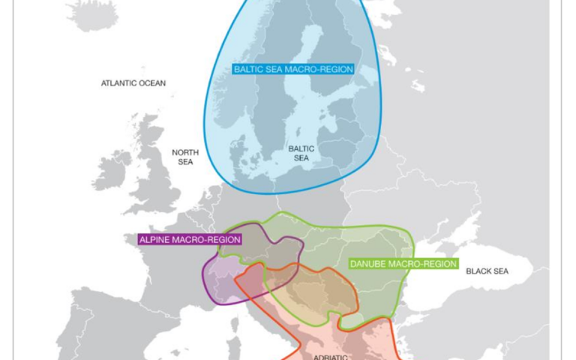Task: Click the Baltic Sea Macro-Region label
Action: click(293, 69)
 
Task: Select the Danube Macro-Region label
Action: click(403, 264)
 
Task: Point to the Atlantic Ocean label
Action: click(133, 83)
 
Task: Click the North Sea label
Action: click(184, 156)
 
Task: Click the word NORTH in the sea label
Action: click(184, 151)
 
